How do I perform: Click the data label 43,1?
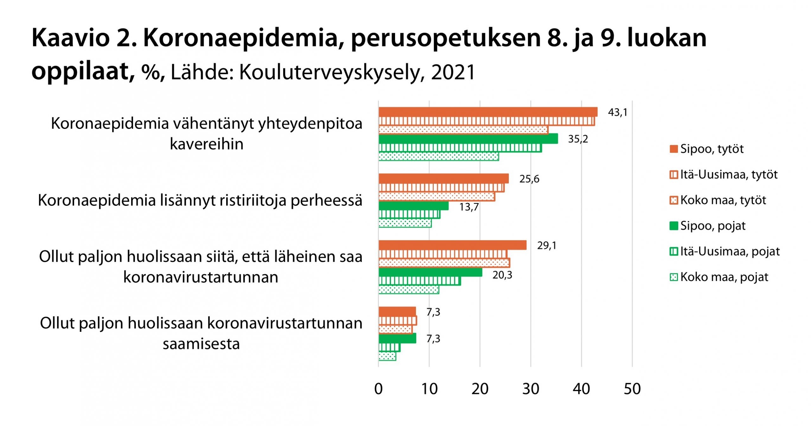617,112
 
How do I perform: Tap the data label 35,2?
578,139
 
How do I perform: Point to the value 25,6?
529,179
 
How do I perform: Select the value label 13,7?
469,207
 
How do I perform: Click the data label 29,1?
547,246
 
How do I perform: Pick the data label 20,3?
502,275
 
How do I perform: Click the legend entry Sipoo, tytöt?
712,149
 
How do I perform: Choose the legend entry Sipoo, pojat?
712,226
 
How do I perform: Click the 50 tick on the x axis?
632,389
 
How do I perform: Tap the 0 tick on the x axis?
379,389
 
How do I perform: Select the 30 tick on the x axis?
531,389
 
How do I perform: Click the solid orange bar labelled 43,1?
488,112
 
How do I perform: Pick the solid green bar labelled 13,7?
413,206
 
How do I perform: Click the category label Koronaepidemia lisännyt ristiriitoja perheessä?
200,200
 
